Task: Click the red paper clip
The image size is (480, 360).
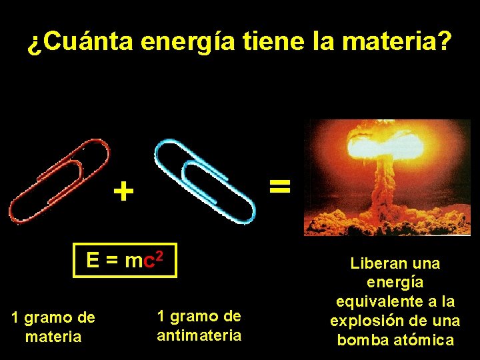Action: point(59,180)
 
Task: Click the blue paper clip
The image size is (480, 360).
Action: point(204,180)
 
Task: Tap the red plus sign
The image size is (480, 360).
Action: point(123,193)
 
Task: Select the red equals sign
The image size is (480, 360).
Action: point(280,185)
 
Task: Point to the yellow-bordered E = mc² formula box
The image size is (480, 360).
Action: point(125,260)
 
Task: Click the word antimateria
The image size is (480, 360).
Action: point(199,335)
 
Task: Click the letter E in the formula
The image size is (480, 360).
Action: point(93,261)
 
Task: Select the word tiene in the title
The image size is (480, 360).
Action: point(272,43)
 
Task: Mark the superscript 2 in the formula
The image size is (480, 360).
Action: point(159,255)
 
